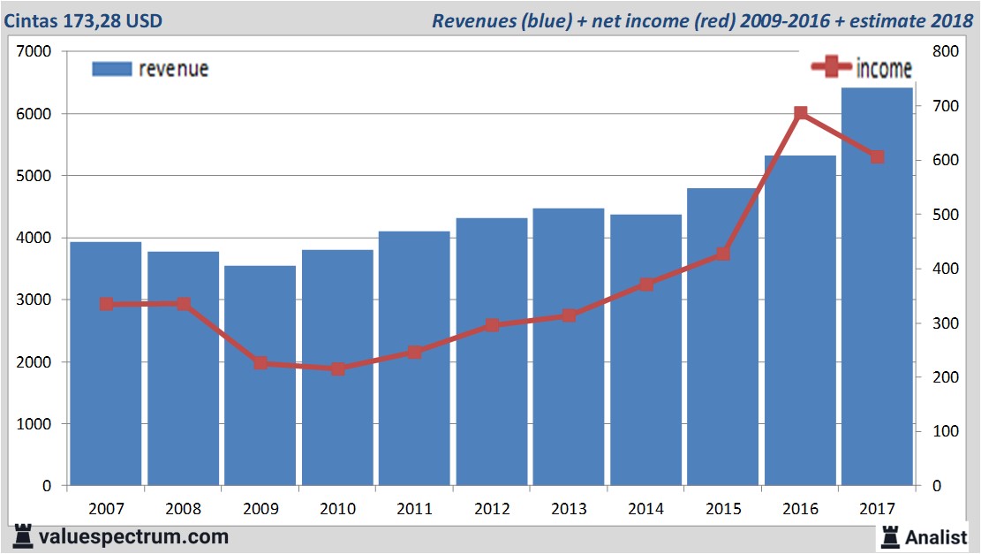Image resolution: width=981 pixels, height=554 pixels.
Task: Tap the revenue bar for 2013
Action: (569, 353)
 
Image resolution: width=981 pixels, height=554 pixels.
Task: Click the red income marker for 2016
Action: (800, 113)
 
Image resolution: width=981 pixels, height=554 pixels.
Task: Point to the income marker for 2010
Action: (337, 368)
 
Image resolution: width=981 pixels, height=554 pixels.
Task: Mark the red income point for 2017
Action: (877, 157)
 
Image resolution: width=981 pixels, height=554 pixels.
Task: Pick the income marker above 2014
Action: (645, 285)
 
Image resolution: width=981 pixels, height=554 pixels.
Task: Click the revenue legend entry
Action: (150, 69)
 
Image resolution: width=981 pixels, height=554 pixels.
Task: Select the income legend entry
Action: (861, 68)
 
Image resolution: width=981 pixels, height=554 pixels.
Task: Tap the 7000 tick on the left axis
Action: (35, 51)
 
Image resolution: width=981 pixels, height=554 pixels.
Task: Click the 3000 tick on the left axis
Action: (35, 300)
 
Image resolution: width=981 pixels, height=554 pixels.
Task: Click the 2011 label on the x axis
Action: (414, 509)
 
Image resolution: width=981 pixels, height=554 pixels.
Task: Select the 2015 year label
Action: (722, 509)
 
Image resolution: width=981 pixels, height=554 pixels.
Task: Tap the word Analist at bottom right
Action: (936, 536)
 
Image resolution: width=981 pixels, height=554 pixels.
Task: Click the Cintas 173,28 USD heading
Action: (83, 20)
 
